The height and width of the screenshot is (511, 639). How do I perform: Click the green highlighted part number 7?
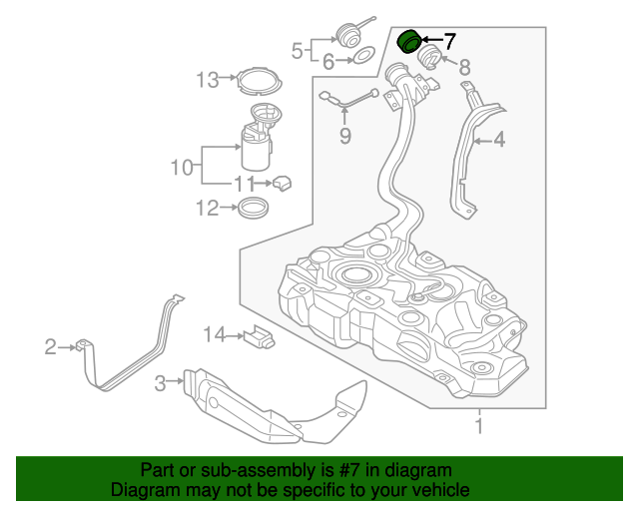pos(409,42)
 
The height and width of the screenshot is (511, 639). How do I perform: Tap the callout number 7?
pos(449,41)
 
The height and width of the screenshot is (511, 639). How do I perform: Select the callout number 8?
pos(464,68)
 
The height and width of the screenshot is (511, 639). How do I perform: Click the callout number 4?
pos(498,141)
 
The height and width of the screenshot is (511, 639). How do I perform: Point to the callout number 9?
pos(345,136)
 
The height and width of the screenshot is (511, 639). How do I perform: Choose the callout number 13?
pos(207,80)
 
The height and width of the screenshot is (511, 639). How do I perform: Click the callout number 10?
pos(181,168)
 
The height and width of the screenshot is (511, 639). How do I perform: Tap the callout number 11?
pos(245,183)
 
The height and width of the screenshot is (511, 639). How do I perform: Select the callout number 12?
pos(207,209)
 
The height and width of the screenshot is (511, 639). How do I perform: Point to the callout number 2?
pos(51,346)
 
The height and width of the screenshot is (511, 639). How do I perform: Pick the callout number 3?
pos(160,382)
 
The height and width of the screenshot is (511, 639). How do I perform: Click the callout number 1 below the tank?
pos(479,427)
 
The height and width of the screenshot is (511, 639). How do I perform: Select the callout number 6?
pos(327,62)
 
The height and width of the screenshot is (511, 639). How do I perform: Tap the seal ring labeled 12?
pos(254,208)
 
